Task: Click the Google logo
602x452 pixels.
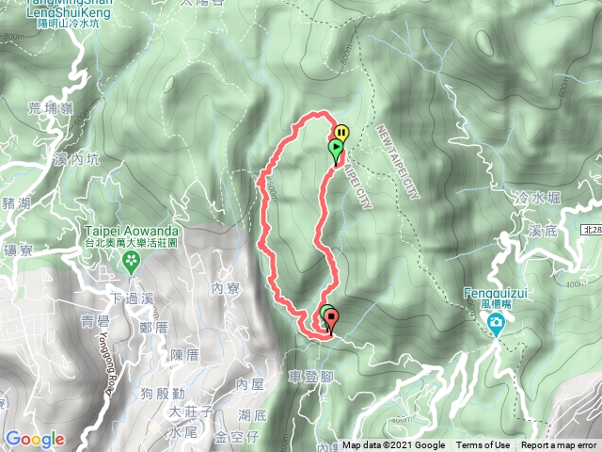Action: [35, 439]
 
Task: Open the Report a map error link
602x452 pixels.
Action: [559, 445]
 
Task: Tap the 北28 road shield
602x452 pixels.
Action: [589, 229]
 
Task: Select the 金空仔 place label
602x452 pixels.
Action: [237, 437]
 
